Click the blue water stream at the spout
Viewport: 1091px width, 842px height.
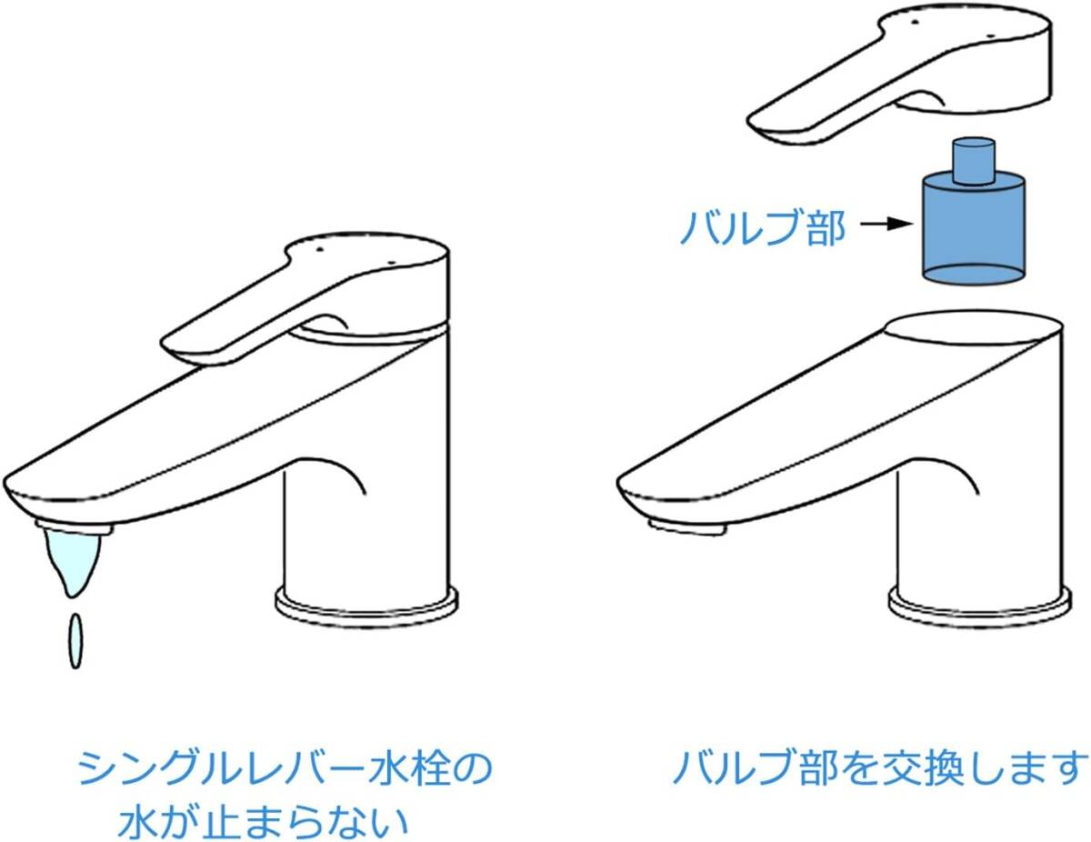pos(70,559)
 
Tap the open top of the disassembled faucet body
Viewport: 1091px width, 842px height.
pos(973,327)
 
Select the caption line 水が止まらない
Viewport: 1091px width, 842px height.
pos(264,821)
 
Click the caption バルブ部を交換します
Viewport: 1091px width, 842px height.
pos(880,768)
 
